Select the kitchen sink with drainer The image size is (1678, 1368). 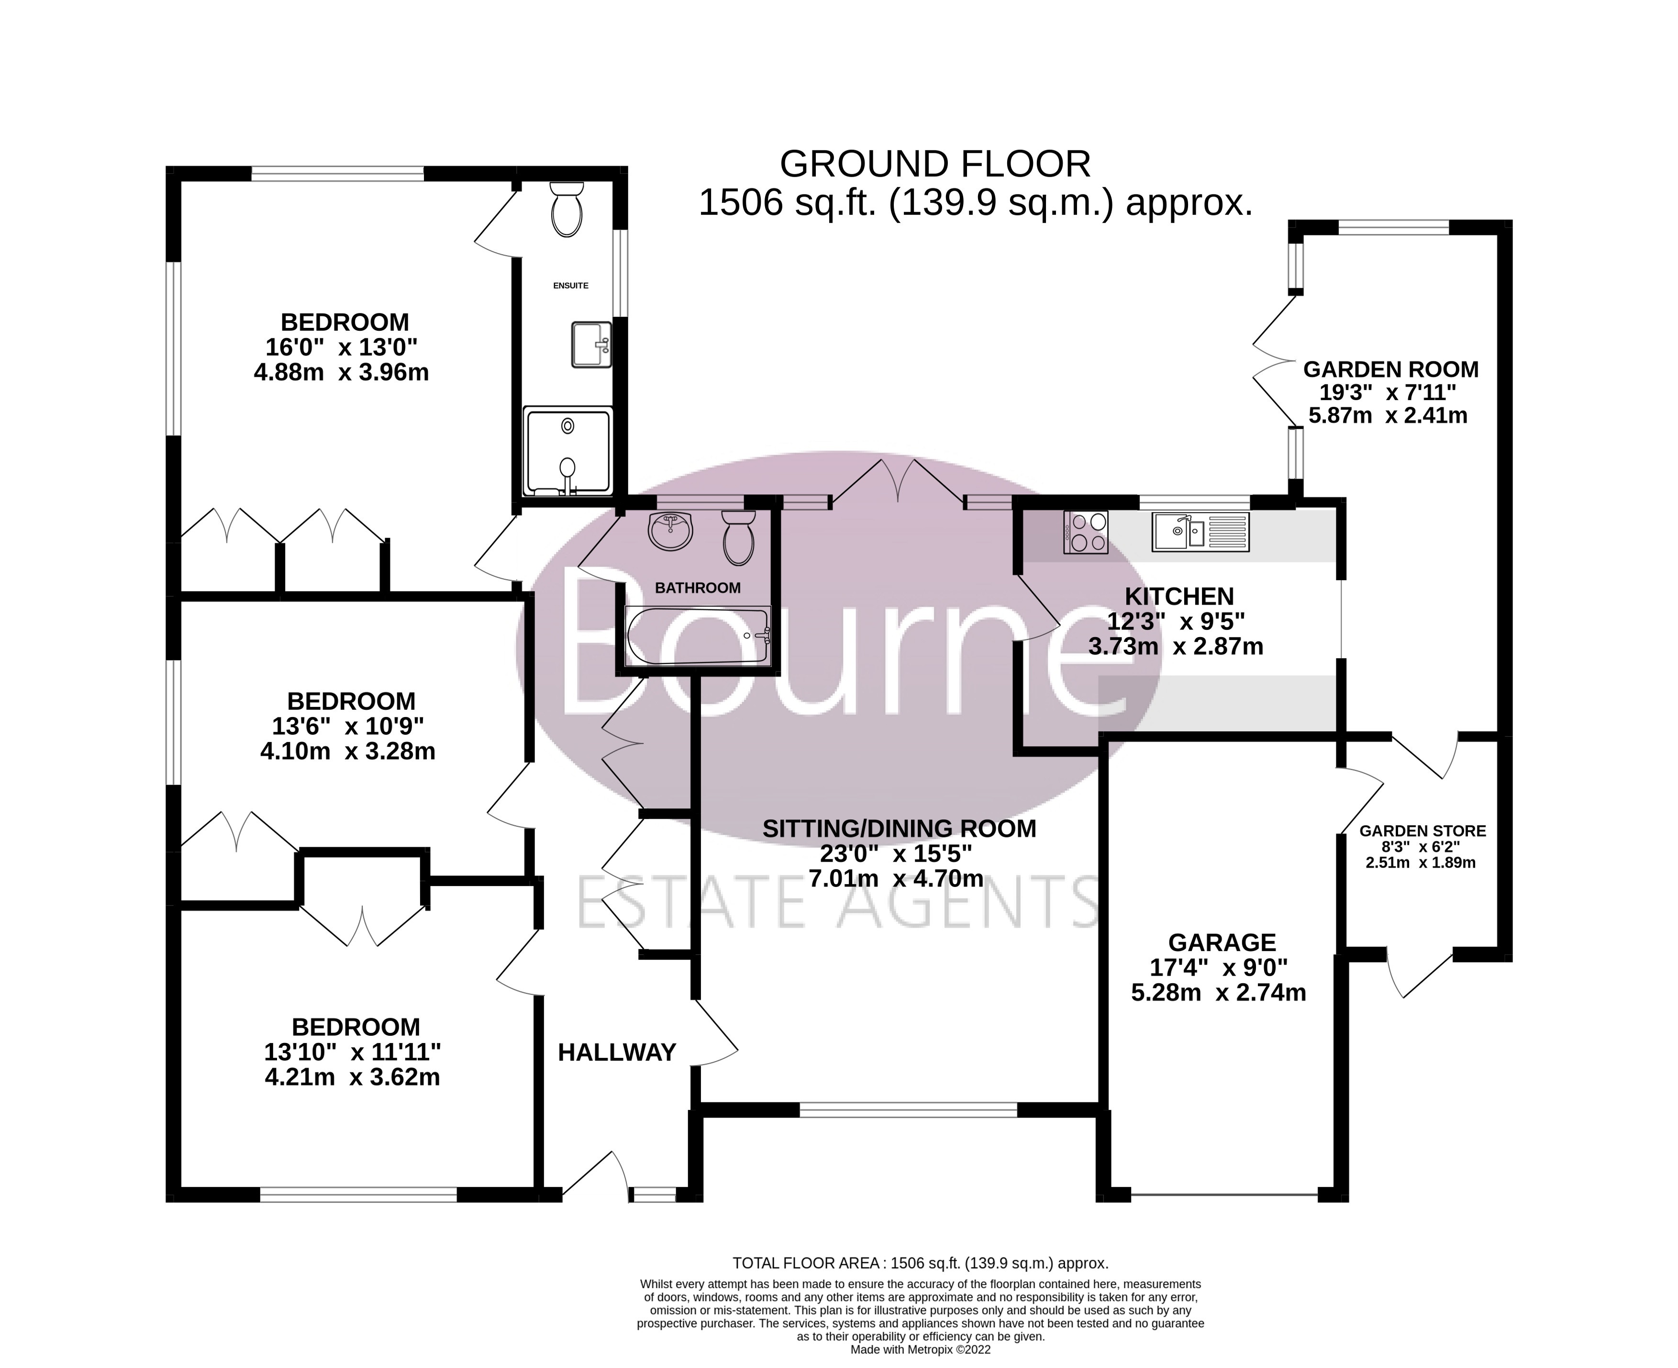1200,531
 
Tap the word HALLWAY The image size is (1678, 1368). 617,1052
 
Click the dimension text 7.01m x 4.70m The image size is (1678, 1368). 896,878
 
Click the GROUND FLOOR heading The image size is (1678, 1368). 935,164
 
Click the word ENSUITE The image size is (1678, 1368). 570,285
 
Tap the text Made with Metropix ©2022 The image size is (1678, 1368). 920,1349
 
